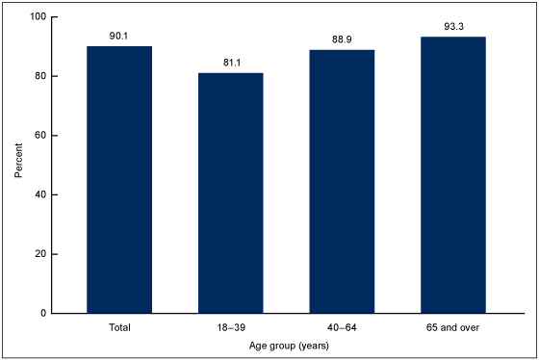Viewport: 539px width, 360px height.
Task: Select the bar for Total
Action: pyautogui.click(x=119, y=180)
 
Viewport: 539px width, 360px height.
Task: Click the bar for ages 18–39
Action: pyautogui.click(x=230, y=193)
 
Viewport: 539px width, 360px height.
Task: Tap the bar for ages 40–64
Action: pyautogui.click(x=342, y=181)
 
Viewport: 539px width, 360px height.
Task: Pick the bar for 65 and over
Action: pyautogui.click(x=452, y=175)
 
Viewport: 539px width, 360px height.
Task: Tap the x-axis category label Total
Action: pyautogui.click(x=119, y=329)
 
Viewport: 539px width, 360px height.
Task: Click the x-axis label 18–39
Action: pyautogui.click(x=230, y=329)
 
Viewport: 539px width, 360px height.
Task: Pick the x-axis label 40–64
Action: pyautogui.click(x=342, y=329)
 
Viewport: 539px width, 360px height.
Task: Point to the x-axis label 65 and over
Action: pyautogui.click(x=452, y=329)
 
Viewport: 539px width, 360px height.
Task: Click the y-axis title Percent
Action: pyautogui.click(x=18, y=165)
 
